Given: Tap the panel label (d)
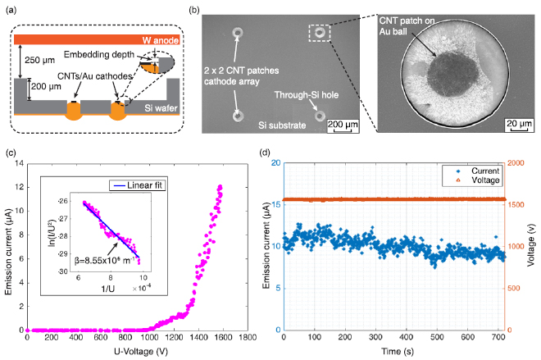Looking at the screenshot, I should pos(265,152).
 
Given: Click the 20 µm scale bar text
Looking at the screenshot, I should pos(516,123).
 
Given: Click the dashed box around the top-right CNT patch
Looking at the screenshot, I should pos(319,33).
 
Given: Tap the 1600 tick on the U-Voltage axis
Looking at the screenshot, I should pos(220,337).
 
